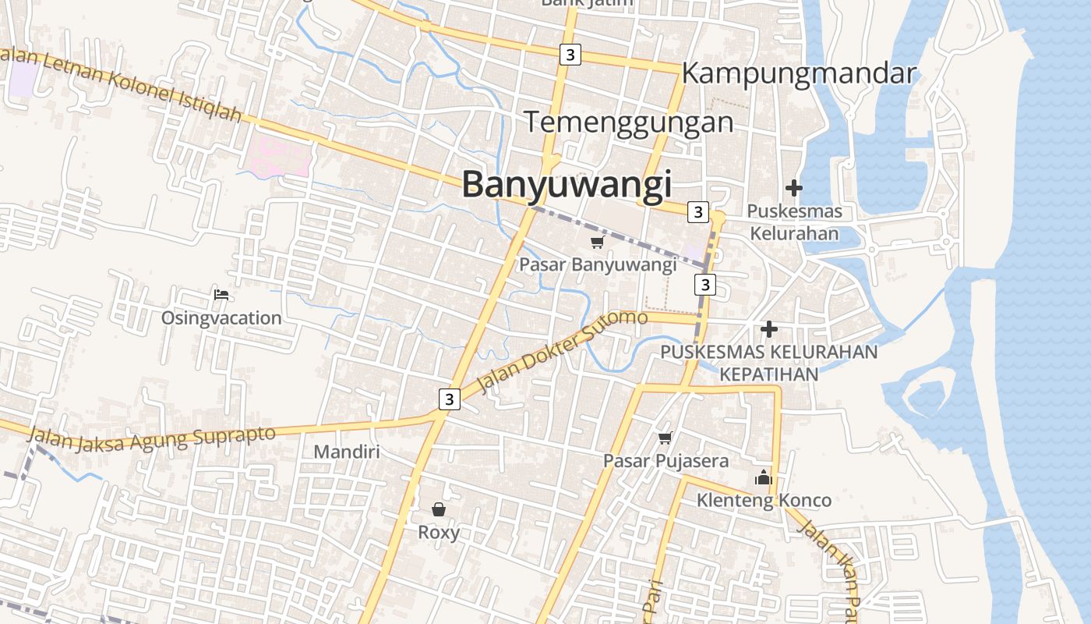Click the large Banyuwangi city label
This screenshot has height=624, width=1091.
click(567, 185)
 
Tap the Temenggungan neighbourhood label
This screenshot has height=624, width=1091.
click(628, 122)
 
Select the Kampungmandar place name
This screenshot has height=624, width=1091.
click(799, 73)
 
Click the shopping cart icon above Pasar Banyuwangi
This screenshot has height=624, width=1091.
click(598, 242)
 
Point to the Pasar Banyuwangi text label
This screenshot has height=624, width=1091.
click(598, 264)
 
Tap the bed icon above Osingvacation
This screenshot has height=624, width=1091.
click(221, 295)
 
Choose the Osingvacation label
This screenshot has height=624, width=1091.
click(221, 318)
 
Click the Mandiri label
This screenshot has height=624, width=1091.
click(346, 452)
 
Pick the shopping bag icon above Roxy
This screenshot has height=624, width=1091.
click(439, 509)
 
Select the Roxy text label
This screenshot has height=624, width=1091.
click(439, 533)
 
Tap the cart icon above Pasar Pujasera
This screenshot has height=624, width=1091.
click(665, 438)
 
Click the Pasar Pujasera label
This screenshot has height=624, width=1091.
click(666, 461)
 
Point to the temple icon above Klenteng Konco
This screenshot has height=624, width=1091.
click(764, 477)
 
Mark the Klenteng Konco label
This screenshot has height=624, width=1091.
click(764, 500)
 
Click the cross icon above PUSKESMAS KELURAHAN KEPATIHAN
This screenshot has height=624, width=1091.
click(769, 329)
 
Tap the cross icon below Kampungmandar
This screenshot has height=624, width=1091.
click(794, 188)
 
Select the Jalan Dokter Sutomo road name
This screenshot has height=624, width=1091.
click(562, 352)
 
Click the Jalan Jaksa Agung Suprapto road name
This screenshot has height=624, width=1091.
click(152, 439)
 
